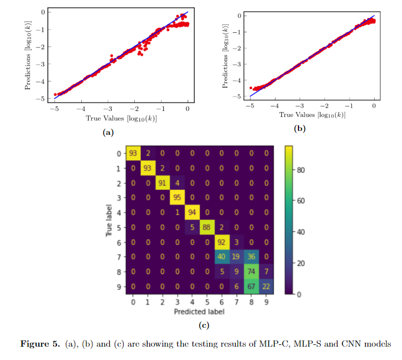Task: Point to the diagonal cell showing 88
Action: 206,227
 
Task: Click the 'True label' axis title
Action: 109,221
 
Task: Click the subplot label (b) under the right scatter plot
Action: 300,128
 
